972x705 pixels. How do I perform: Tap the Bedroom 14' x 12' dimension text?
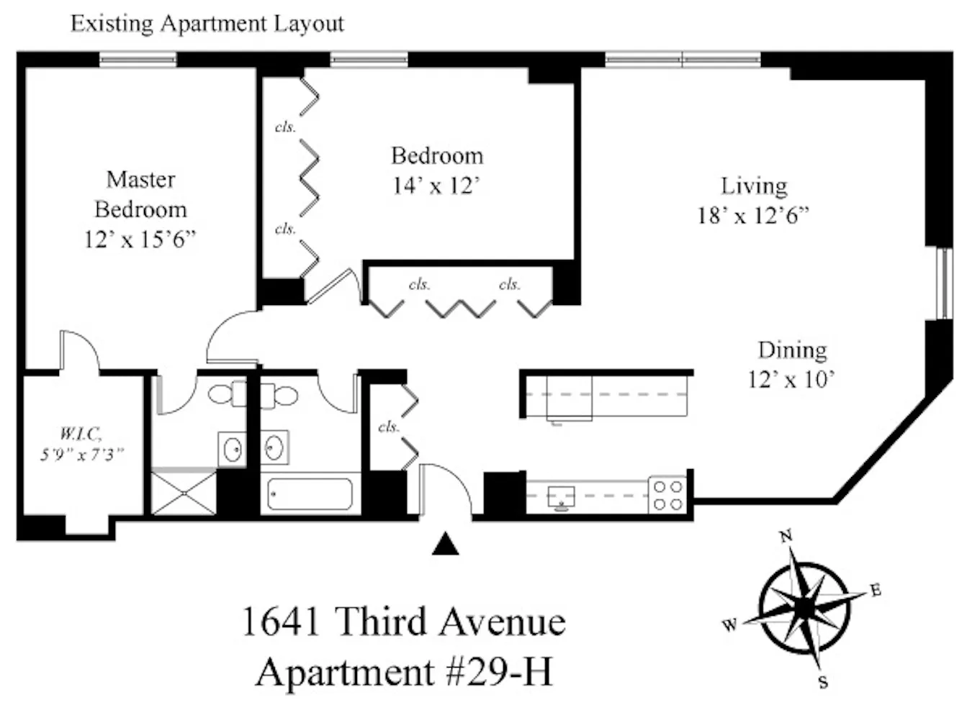click(436, 186)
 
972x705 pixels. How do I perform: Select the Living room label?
click(754, 186)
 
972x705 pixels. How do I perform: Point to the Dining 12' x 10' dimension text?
click(791, 379)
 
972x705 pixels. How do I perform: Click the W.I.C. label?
click(81, 434)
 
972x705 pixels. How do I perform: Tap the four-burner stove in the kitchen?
click(667, 495)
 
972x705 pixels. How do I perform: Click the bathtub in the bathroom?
click(310, 494)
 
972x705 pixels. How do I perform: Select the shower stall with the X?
click(184, 493)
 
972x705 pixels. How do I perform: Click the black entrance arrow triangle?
click(446, 545)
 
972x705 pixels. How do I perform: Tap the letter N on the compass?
click(786, 536)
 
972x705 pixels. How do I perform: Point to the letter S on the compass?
click(822, 682)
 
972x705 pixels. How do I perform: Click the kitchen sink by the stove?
click(561, 496)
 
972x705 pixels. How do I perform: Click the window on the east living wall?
click(944, 283)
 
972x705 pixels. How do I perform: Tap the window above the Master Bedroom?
click(138, 60)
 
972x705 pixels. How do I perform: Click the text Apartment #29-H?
click(405, 673)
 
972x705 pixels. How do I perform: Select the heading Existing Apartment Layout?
click(207, 24)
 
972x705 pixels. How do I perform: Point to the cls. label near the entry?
click(388, 427)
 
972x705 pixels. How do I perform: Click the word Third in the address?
click(382, 622)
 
